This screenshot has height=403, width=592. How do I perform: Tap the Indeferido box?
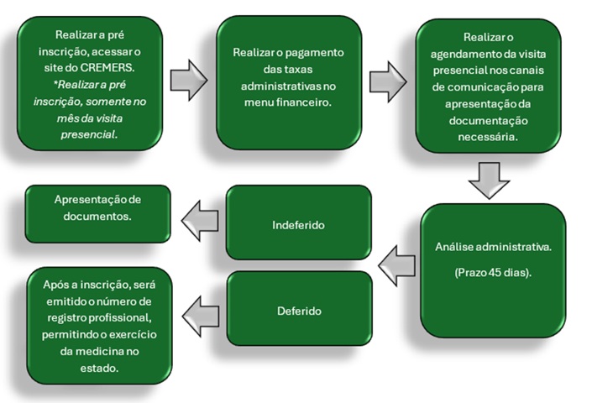[299, 225]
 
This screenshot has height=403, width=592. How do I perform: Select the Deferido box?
[299, 310]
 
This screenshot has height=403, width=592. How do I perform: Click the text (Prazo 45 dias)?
[493, 274]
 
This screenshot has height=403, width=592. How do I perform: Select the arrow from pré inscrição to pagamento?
[189, 81]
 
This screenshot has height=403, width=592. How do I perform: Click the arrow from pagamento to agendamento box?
[387, 81]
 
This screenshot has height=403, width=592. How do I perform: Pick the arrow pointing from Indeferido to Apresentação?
[200, 221]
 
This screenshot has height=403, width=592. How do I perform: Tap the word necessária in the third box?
[488, 135]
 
